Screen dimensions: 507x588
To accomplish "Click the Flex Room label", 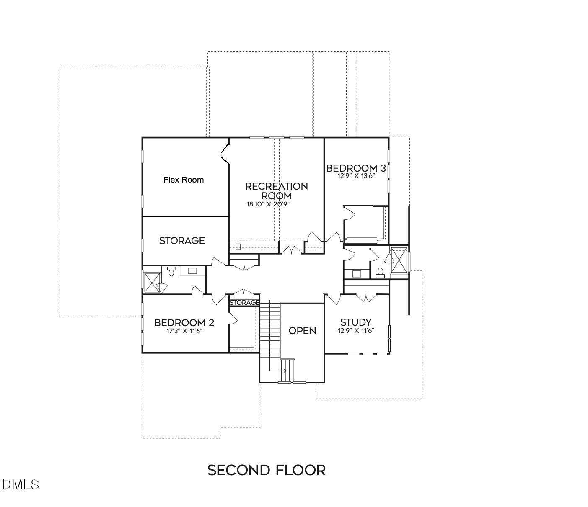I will (x=183, y=180).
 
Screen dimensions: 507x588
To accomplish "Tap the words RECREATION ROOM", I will (x=276, y=190).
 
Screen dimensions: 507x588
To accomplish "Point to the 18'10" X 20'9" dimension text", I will (x=268, y=204).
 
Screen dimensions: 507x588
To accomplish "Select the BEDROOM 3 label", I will (x=356, y=168).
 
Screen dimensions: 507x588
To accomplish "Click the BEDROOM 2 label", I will (x=184, y=323).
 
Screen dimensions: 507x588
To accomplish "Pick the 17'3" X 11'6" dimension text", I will (x=184, y=331).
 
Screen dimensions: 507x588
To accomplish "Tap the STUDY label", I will (x=355, y=322).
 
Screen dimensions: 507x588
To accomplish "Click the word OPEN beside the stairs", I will (x=302, y=331).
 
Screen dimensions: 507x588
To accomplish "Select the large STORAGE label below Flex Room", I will (x=182, y=241).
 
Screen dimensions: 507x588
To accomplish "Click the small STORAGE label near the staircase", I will (x=244, y=302).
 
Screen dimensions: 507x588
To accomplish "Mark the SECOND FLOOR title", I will (x=267, y=470).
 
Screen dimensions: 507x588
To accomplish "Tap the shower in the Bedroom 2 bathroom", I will (x=152, y=282).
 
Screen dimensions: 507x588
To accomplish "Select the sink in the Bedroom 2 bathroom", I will (x=192, y=271).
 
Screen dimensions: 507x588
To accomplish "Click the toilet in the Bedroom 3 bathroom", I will (x=380, y=273).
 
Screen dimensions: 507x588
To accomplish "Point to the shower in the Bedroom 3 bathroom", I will (x=399, y=260).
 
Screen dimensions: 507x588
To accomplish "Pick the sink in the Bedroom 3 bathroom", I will (x=357, y=274).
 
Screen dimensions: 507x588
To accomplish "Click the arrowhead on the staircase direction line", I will (x=285, y=371).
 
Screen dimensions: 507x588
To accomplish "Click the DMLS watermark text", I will (x=21, y=485).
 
